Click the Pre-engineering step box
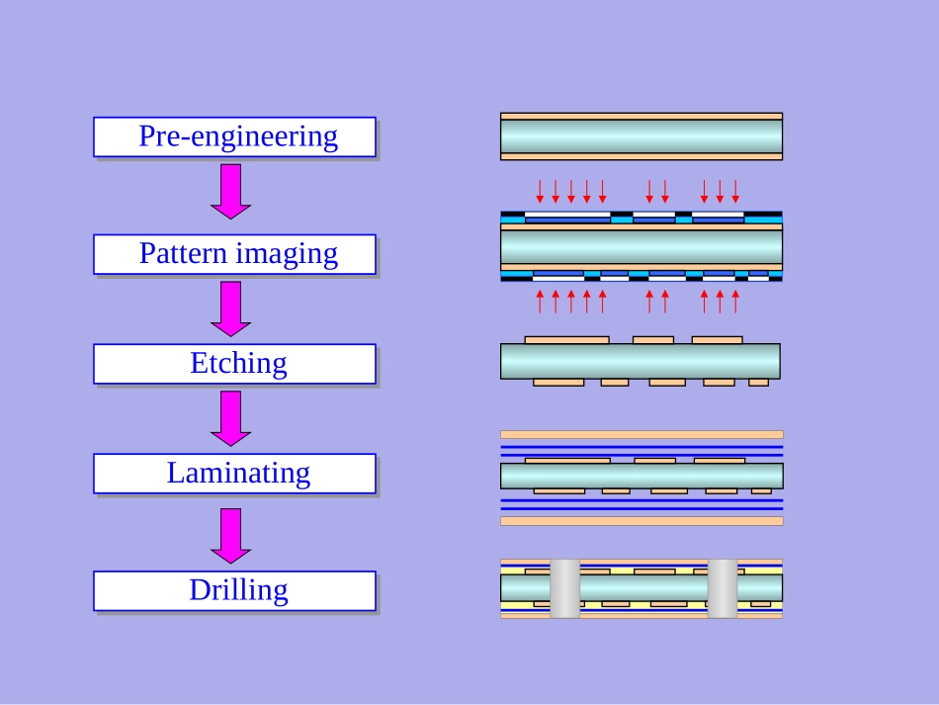[x=234, y=136]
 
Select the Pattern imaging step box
[x=234, y=254]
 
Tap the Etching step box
[x=234, y=363]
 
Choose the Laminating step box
[x=234, y=473]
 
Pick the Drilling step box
[x=234, y=590]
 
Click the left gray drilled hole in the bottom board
[x=564, y=589]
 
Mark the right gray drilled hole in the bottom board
[x=723, y=589]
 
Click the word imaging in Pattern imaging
[x=290, y=254]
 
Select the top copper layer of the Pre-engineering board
[x=641, y=117]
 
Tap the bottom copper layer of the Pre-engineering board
[x=641, y=156]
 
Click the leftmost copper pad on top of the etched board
[x=566, y=340]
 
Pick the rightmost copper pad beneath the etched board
[x=759, y=383]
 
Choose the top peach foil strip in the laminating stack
[x=641, y=434]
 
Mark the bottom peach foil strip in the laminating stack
[x=641, y=521]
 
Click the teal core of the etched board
[x=640, y=361]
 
